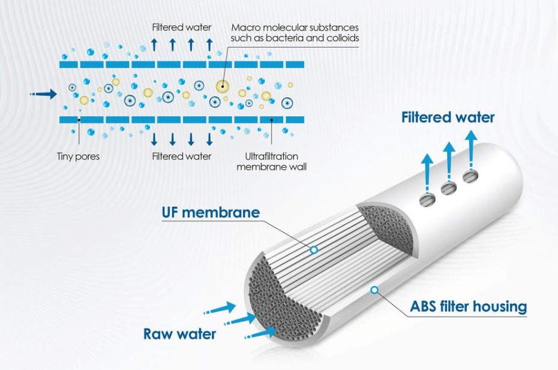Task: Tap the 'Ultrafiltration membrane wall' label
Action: [x=272, y=162]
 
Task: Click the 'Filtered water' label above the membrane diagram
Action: [x=181, y=27]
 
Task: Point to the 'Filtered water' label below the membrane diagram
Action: [x=181, y=157]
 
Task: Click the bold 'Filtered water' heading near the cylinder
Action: [x=448, y=117]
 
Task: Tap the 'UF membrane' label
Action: [x=211, y=212]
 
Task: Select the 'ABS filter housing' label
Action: [x=468, y=307]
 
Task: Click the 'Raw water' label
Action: [x=179, y=334]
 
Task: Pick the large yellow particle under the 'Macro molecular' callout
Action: [x=223, y=86]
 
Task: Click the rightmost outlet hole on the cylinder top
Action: [x=470, y=177]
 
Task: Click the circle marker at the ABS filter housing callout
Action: [x=375, y=290]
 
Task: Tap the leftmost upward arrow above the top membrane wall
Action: [x=154, y=44]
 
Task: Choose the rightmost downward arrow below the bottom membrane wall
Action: [x=209, y=139]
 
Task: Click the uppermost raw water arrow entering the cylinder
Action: [x=222, y=309]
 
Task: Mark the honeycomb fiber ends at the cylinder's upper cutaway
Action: [x=381, y=224]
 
